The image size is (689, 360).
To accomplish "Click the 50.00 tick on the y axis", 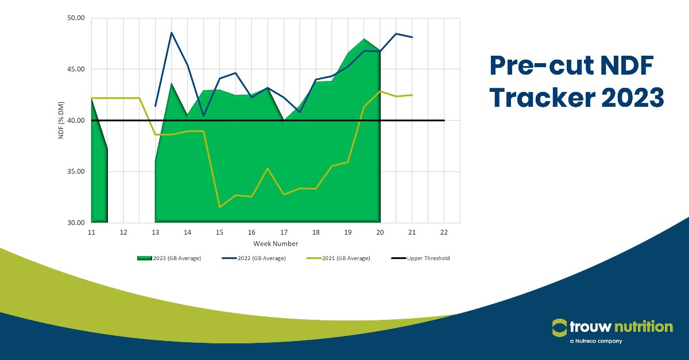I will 76,18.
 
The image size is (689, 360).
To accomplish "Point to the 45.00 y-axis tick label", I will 76,69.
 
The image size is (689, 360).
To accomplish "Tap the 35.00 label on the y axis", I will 76,171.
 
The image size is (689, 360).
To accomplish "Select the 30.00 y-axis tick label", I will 76,222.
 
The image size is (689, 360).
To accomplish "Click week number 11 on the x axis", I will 91,232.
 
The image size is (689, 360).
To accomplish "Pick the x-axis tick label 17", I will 284,232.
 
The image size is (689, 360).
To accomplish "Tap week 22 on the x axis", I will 444,232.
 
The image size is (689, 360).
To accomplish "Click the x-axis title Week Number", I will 276,244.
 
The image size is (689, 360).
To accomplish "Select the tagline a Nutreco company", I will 596,342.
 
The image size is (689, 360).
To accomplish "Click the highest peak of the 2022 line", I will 172,33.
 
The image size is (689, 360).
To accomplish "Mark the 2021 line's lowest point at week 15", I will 220,207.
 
